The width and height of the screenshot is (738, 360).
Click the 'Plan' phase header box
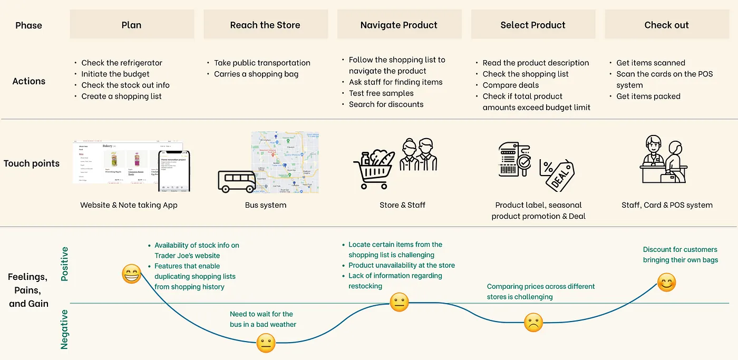132,25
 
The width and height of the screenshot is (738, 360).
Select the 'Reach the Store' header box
265,25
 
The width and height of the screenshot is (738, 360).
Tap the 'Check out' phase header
666,25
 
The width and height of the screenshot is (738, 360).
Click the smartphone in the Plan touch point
174,171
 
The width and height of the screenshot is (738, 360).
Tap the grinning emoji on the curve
131,274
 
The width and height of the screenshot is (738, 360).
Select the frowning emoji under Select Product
533,322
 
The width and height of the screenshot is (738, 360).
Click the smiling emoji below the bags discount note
667,283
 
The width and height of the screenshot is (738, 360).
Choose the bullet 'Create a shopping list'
121,96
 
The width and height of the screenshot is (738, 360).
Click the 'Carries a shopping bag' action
256,74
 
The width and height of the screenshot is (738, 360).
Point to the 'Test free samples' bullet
381,93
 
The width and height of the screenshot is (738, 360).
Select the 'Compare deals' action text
511,85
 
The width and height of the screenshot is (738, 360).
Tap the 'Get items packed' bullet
648,96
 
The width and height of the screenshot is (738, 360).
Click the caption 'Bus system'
266,205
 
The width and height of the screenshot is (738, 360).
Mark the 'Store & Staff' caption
402,205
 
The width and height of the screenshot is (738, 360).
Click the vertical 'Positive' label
65,264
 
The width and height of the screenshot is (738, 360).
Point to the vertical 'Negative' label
65,329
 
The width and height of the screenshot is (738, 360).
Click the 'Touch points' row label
32,163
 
